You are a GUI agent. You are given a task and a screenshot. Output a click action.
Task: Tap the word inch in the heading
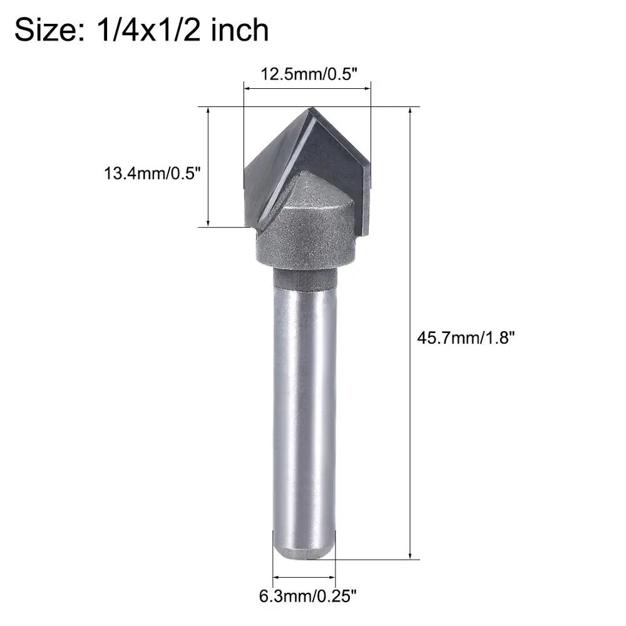239,29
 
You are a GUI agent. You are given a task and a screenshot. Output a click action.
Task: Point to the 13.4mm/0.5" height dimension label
152,172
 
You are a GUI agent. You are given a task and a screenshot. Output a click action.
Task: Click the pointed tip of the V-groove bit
310,108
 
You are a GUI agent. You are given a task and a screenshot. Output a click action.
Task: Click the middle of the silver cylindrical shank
304,413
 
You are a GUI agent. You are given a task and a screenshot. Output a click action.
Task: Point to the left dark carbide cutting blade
272,169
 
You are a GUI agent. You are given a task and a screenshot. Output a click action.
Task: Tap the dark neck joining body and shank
305,279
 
